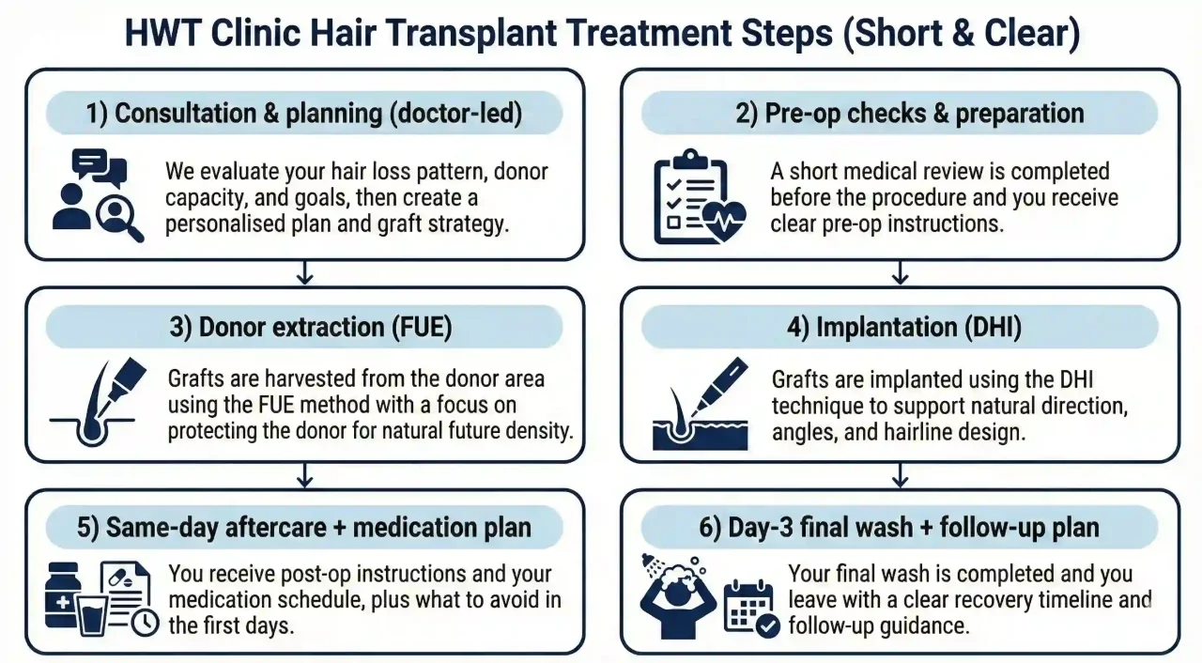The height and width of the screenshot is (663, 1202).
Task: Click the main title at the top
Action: pyautogui.click(x=601, y=35)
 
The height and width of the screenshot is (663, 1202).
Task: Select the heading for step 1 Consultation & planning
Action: pyautogui.click(x=303, y=114)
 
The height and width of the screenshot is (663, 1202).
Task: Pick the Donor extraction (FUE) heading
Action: pyautogui.click(x=303, y=328)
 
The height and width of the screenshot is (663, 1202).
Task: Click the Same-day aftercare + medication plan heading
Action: pyautogui.click(x=303, y=527)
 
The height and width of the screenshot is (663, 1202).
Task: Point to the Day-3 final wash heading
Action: pyautogui.click(x=899, y=527)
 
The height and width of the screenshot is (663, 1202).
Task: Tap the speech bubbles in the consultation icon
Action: pyautogui.click(x=99, y=167)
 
